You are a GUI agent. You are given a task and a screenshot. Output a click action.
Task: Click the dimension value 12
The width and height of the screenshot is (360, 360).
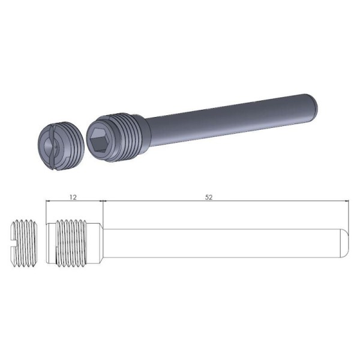tap(74, 196)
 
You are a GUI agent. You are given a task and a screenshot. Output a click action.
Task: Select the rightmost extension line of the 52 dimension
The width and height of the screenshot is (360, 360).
tap(349, 216)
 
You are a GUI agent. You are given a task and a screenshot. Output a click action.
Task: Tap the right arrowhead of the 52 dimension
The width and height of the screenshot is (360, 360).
tap(346, 201)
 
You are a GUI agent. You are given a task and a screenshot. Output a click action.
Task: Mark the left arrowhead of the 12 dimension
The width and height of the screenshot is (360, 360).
tap(49, 201)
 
